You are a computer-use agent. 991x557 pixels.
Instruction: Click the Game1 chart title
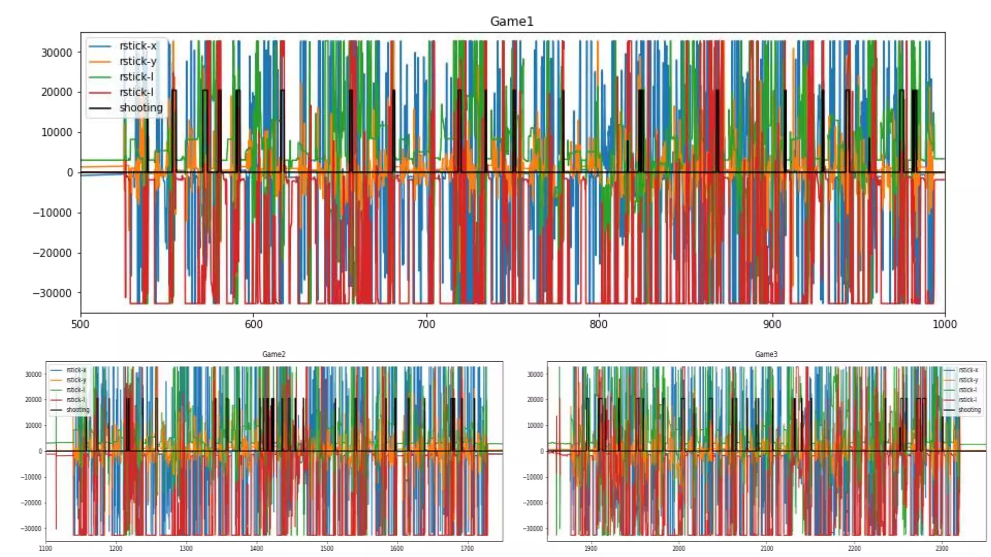(x=511, y=21)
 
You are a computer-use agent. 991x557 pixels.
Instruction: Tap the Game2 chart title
(x=274, y=354)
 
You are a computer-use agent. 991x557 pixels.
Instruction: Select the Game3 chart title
(x=766, y=354)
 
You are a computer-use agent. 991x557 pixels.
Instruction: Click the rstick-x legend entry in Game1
(x=137, y=46)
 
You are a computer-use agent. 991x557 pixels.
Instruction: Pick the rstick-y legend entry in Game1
(x=137, y=61)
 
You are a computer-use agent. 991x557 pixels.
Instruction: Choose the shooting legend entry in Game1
(x=141, y=108)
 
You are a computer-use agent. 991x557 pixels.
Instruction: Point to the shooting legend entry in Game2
(x=77, y=410)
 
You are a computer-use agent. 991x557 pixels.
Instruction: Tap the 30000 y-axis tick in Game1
(x=57, y=53)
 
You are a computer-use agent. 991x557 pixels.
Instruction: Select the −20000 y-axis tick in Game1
(x=52, y=253)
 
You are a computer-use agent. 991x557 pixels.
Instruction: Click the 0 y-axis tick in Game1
(x=70, y=173)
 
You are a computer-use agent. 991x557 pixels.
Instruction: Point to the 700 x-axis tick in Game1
(x=426, y=324)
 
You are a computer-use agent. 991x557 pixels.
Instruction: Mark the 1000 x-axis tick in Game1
(x=945, y=324)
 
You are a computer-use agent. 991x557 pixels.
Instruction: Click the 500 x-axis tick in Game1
(x=80, y=324)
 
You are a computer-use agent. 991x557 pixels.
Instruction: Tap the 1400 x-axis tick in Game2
(x=256, y=548)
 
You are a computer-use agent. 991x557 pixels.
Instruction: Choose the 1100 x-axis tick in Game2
(x=45, y=548)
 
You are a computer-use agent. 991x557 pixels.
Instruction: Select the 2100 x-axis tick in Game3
(x=766, y=548)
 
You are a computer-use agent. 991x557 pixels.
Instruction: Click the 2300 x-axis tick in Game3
(x=942, y=548)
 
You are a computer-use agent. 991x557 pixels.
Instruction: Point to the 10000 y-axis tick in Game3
(x=535, y=425)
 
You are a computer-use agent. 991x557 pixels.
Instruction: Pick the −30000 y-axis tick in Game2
(x=31, y=528)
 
